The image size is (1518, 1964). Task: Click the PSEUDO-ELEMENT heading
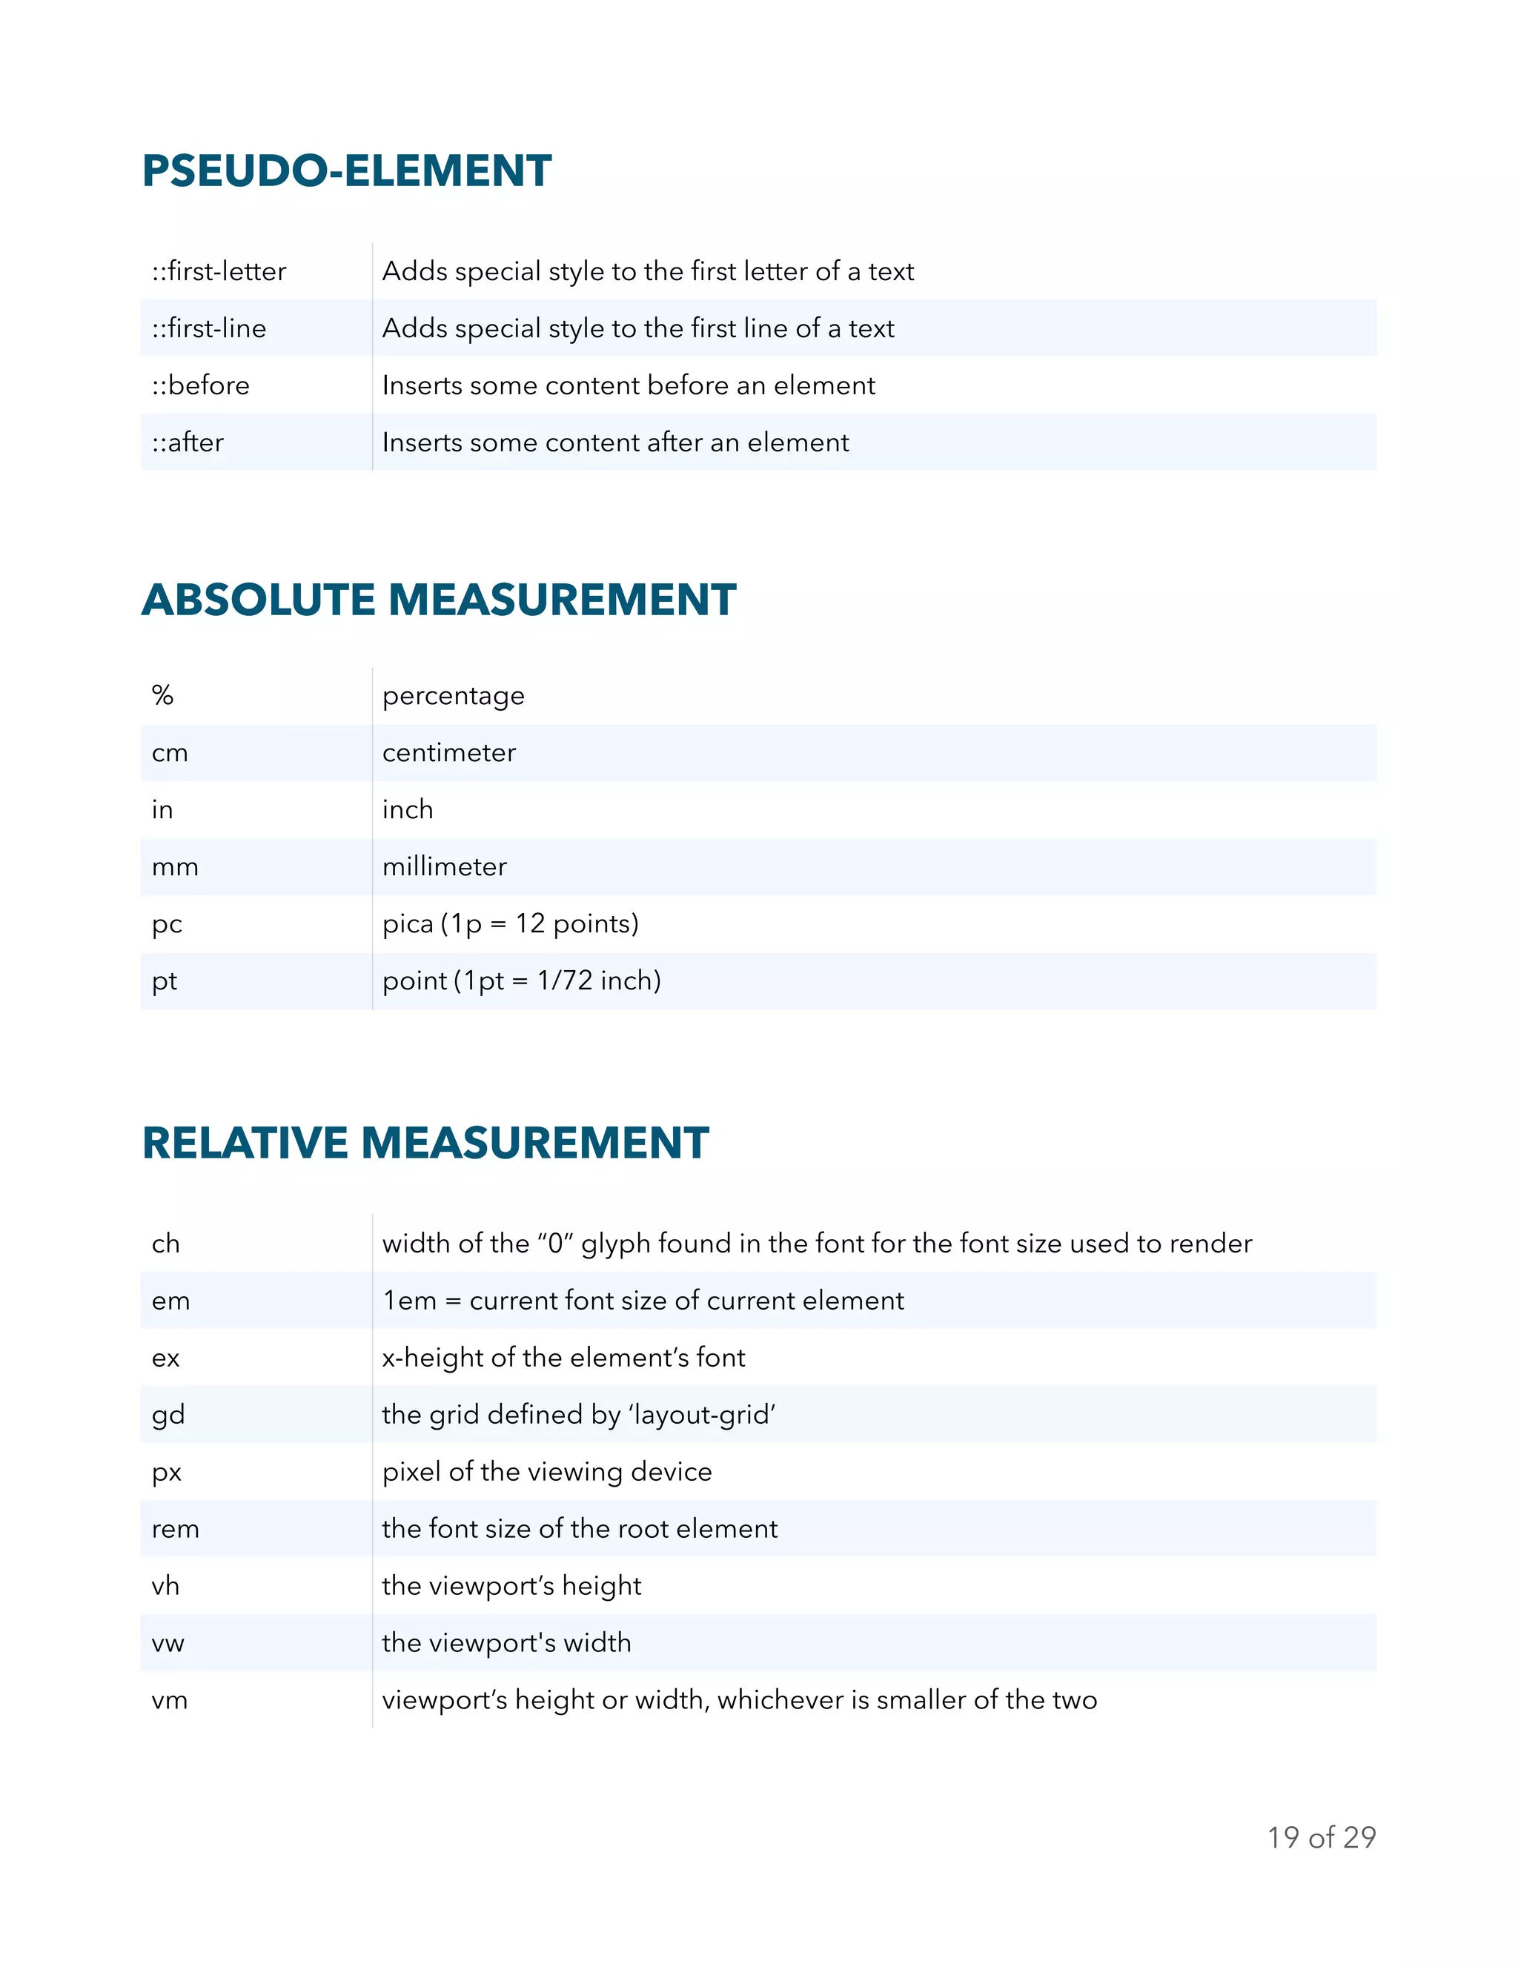346,171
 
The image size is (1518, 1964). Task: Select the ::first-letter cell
219,271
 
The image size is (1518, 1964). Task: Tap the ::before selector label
201,385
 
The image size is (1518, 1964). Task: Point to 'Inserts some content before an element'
628,385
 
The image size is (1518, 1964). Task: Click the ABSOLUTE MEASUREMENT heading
439,600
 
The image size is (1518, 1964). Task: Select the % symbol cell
163,695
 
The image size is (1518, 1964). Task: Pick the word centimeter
448,753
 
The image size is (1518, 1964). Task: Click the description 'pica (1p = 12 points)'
510,923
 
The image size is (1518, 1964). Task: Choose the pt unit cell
165,981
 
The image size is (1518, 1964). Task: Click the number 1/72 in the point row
565,981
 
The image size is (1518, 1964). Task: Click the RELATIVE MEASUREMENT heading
425,1143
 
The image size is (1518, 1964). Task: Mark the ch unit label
165,1244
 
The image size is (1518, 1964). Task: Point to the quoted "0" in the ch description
556,1244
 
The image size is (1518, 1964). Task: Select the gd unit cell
168,1415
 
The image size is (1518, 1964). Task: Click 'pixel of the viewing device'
547,1471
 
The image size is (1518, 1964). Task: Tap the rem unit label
176,1529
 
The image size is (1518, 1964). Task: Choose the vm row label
169,1699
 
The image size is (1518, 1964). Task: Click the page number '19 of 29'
1321,1837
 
